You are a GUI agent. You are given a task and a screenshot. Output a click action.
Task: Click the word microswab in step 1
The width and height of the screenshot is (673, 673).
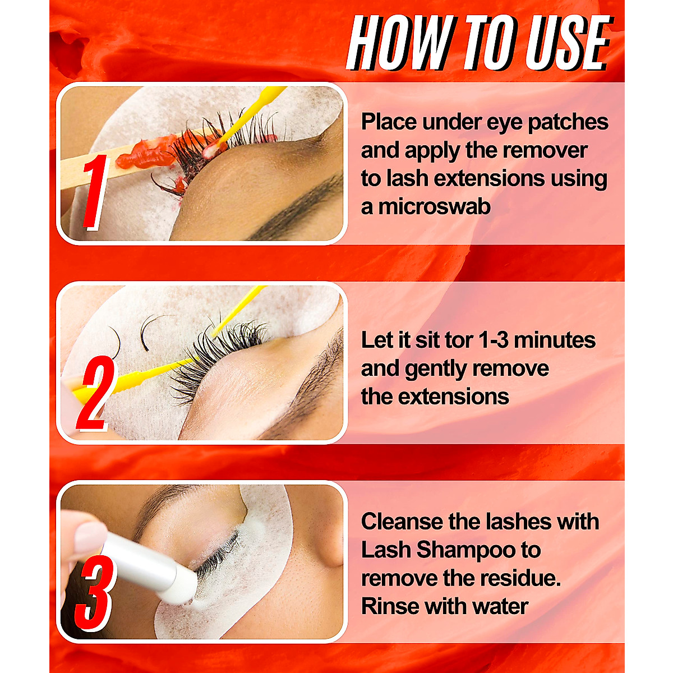[x=434, y=207]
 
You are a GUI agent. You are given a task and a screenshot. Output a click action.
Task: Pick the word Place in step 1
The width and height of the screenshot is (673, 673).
[x=389, y=122]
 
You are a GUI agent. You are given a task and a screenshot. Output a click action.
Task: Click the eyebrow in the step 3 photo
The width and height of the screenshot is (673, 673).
[x=163, y=499]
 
